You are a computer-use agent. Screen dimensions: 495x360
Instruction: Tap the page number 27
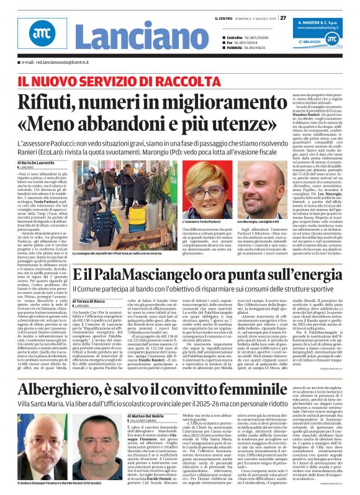coord(283,17)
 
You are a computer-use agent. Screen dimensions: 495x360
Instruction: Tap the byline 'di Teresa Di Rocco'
coord(94,301)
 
